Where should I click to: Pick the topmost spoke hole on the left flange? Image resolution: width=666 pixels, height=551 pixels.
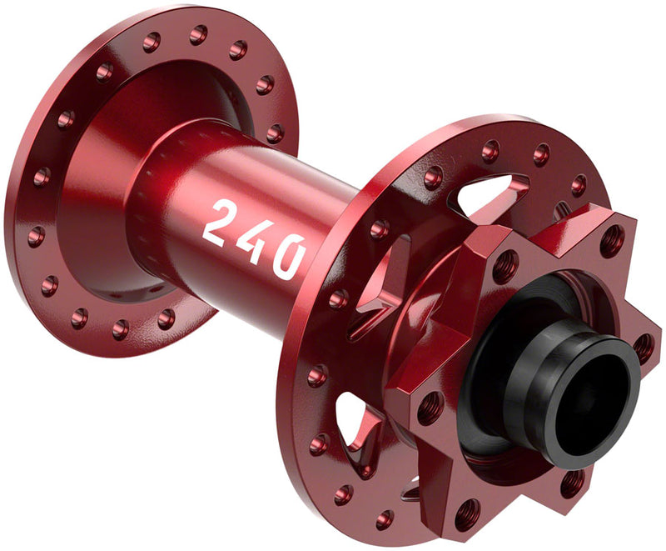tap(198, 34)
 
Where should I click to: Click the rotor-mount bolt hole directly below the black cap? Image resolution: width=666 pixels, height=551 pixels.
tap(574, 482)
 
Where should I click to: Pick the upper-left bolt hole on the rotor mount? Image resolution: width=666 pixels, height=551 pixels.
tap(505, 267)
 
